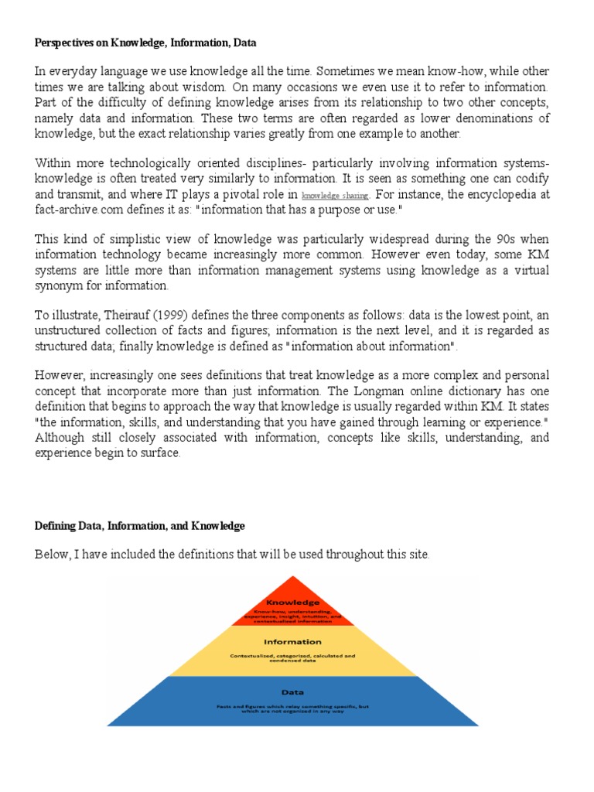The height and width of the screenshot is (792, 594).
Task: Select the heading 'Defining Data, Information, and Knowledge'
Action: pyautogui.click(x=139, y=526)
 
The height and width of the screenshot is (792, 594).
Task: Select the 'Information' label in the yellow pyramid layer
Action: pyautogui.click(x=292, y=641)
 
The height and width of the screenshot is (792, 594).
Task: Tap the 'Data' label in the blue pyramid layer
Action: pyautogui.click(x=292, y=693)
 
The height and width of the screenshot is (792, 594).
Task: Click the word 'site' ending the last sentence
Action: pyautogui.click(x=416, y=555)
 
